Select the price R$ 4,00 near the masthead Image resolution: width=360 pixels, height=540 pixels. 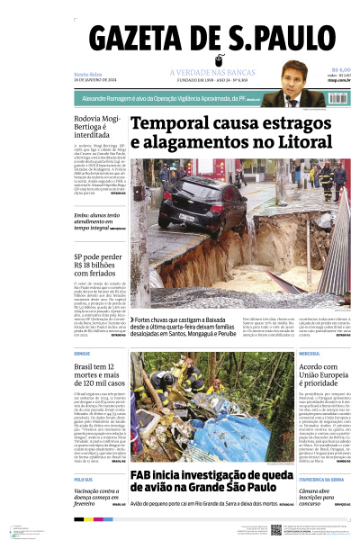tap(340, 69)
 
